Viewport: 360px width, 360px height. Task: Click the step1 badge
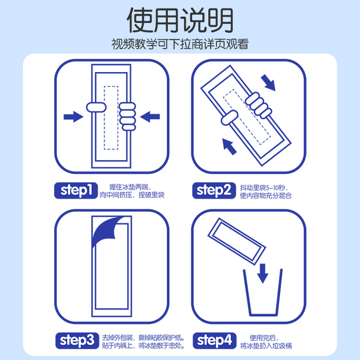[76, 191]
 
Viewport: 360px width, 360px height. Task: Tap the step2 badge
[214, 191]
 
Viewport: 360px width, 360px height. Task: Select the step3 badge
[77, 340]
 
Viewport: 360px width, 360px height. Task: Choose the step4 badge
[214, 340]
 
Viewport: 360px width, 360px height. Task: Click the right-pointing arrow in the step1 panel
[73, 116]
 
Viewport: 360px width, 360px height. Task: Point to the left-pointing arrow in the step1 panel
[150, 116]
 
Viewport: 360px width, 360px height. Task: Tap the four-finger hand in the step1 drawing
[127, 116]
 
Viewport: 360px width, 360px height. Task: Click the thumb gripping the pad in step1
[96, 107]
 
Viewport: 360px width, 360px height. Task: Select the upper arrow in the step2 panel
[268, 83]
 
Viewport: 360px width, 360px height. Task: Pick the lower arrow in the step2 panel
[229, 146]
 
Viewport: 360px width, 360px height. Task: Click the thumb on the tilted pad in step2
[229, 118]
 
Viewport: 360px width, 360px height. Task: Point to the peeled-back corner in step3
[106, 231]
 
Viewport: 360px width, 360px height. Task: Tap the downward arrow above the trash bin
[263, 274]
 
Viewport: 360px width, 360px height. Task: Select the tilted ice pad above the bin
[237, 241]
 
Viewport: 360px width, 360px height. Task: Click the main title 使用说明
[180, 20]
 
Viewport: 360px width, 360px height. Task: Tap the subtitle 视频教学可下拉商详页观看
[180, 44]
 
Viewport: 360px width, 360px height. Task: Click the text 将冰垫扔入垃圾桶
[266, 346]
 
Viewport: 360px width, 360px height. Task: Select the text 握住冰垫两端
[128, 187]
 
